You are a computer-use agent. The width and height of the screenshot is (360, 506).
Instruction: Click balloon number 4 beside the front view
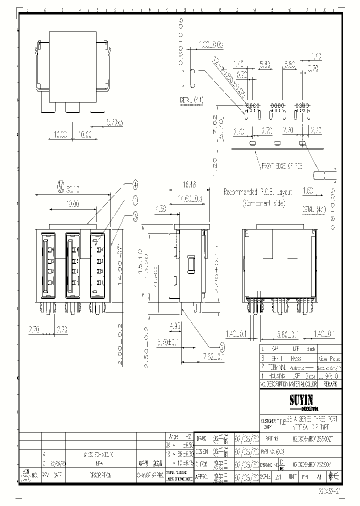pyautogui.click(x=135, y=184)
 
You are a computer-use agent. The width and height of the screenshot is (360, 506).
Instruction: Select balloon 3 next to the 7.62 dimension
pyautogui.click(x=221, y=346)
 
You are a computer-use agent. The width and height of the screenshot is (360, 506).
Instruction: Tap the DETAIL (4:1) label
pyautogui.click(x=191, y=100)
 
